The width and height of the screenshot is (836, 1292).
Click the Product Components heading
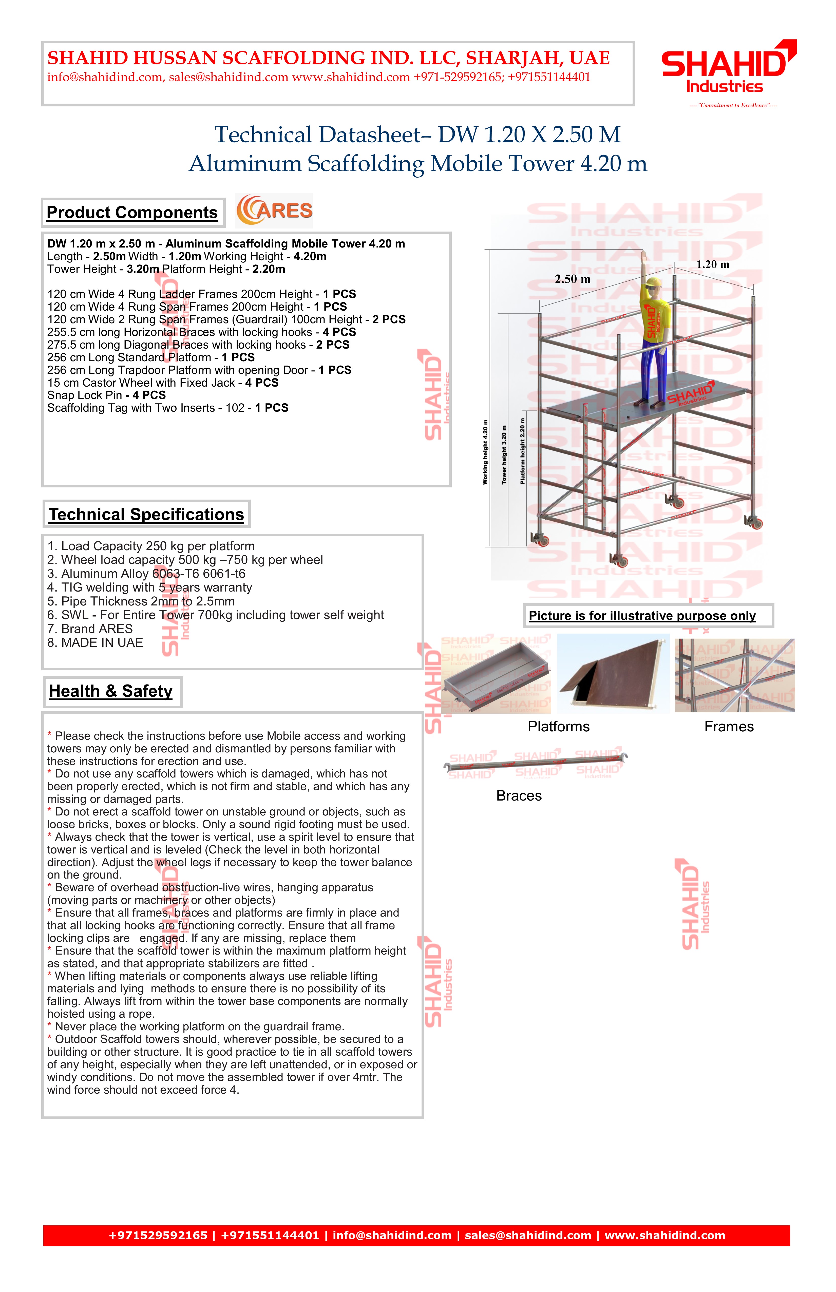click(x=132, y=213)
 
